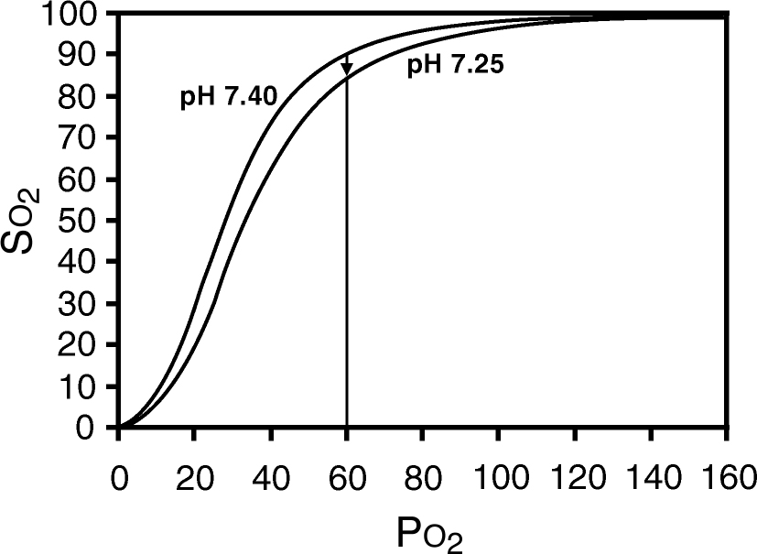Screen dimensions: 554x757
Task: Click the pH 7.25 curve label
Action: point(455,66)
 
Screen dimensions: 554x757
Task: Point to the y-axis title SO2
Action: point(29,223)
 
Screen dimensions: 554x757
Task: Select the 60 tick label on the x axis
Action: point(347,479)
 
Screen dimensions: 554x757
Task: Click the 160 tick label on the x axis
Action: point(726,479)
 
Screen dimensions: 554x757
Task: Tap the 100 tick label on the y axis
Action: point(70,15)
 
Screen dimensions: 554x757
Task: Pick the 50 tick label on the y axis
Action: point(81,222)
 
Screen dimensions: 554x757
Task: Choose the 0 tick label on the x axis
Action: point(119,479)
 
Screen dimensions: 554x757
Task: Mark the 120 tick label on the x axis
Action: point(574,479)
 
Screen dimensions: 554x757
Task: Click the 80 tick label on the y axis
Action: point(81,97)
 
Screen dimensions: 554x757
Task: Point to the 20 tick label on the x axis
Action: point(195,479)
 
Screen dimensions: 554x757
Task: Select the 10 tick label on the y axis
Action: point(81,386)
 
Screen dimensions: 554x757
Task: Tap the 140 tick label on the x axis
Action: point(650,479)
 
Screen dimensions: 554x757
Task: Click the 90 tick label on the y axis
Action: point(81,56)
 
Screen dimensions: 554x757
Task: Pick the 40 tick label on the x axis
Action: point(271,479)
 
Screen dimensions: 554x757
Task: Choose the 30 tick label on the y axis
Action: point(81,304)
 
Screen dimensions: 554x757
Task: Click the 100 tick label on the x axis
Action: point(498,479)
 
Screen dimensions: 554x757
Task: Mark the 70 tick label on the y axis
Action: point(81,138)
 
